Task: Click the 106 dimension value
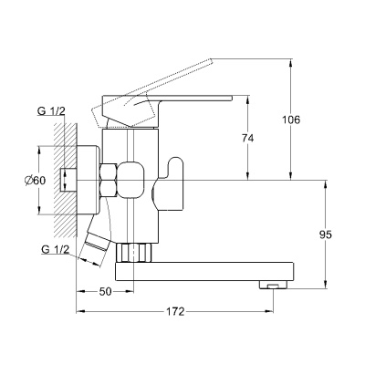click(x=291, y=120)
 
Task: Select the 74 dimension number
click(x=247, y=139)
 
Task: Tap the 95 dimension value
click(x=326, y=235)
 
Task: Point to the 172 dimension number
click(x=175, y=312)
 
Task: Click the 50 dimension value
click(x=106, y=292)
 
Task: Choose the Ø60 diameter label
click(x=35, y=181)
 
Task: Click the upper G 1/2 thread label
click(x=51, y=111)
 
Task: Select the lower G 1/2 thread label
click(x=56, y=250)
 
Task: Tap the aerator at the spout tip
click(x=273, y=285)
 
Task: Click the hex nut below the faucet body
click(x=134, y=252)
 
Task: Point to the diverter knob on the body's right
click(x=168, y=184)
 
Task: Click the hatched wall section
click(x=65, y=180)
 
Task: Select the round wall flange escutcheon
click(x=89, y=181)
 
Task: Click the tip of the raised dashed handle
click(x=211, y=60)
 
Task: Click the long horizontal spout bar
click(x=204, y=271)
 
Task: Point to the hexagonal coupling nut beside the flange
click(x=109, y=181)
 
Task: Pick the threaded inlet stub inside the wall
click(x=68, y=180)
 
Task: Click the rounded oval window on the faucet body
click(x=130, y=180)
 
